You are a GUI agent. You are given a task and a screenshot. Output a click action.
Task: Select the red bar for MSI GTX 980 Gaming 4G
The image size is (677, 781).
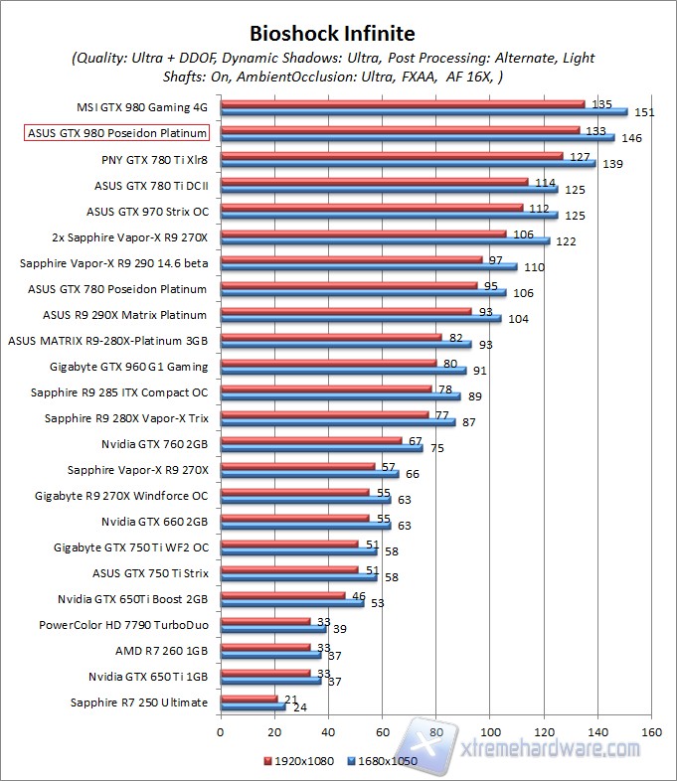[402, 102]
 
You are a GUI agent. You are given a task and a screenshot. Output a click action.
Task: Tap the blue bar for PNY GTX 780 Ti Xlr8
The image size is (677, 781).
[408, 163]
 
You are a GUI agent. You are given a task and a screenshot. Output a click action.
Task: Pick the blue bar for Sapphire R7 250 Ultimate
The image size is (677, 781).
[253, 707]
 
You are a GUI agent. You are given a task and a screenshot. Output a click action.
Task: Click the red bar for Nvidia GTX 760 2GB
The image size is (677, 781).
[310, 440]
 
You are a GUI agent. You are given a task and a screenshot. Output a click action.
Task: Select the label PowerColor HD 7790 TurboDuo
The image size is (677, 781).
[123, 625]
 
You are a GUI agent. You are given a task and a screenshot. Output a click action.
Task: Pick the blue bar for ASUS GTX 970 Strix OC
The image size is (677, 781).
[389, 215]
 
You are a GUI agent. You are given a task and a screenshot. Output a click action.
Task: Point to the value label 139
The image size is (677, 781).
[611, 163]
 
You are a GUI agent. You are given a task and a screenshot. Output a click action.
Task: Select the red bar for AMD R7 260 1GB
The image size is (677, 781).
[264, 647]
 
